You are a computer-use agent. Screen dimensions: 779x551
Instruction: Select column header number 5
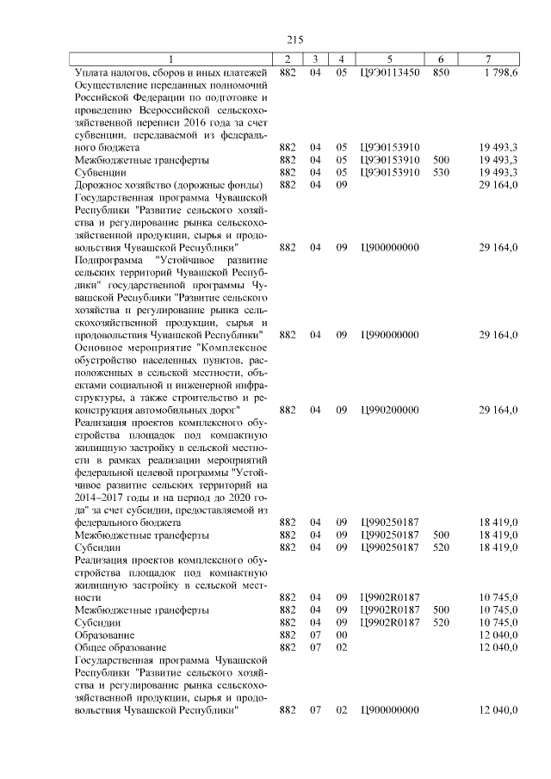tap(390, 59)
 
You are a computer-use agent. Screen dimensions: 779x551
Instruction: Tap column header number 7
tap(488, 59)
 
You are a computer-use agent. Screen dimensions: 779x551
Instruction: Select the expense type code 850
tap(441, 73)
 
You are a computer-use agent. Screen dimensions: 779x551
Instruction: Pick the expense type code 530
tap(441, 171)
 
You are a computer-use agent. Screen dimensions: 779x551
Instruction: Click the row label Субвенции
tap(100, 171)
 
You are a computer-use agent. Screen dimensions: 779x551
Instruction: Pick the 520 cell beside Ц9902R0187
tap(441, 621)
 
